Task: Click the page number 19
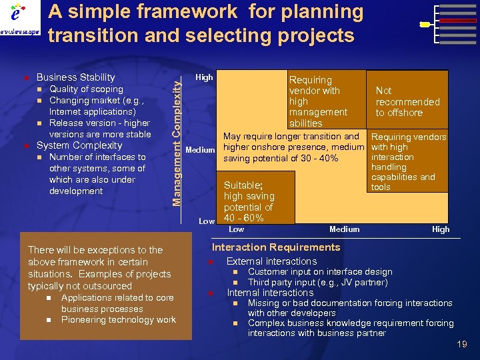coord(462,344)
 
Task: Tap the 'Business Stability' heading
coord(75,77)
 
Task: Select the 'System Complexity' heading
coord(79,145)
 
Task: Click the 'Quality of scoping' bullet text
coord(86,89)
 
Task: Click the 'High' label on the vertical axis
coord(204,77)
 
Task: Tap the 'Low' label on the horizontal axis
coord(236,229)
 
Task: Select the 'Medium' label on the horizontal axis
coord(344,229)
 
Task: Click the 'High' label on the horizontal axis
coord(441,229)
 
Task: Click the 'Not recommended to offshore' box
coord(407,101)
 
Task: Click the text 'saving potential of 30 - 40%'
coord(281,159)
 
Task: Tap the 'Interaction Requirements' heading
coord(276,247)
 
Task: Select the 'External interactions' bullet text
coord(271,261)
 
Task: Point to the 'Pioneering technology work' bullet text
coord(119,320)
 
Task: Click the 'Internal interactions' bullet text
coord(270,293)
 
